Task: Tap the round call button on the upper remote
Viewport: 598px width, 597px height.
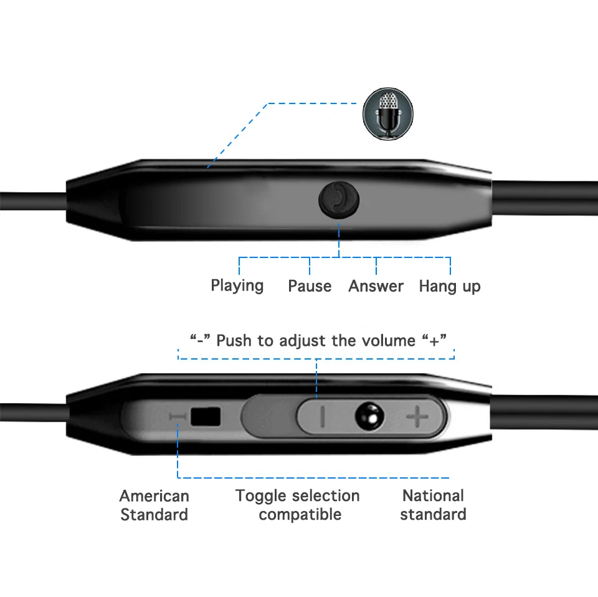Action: [x=339, y=199]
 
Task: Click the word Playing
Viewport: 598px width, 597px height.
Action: [x=237, y=286]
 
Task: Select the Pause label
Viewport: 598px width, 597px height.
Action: [x=310, y=286]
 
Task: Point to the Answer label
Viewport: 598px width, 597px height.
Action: [x=376, y=286]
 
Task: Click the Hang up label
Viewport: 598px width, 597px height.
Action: [x=450, y=286]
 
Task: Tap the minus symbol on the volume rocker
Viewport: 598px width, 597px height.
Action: [x=323, y=416]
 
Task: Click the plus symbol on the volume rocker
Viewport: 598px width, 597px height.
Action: [x=417, y=416]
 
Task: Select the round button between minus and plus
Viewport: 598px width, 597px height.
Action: [x=369, y=416]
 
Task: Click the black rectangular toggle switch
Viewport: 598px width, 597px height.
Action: [x=206, y=416]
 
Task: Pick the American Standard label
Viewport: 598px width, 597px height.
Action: [x=154, y=505]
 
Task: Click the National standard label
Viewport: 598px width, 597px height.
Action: [x=433, y=505]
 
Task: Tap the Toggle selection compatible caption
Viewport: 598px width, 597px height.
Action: [x=298, y=505]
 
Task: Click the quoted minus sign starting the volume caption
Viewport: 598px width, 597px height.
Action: [x=200, y=340]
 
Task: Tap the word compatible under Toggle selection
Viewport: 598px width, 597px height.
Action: [x=300, y=515]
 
